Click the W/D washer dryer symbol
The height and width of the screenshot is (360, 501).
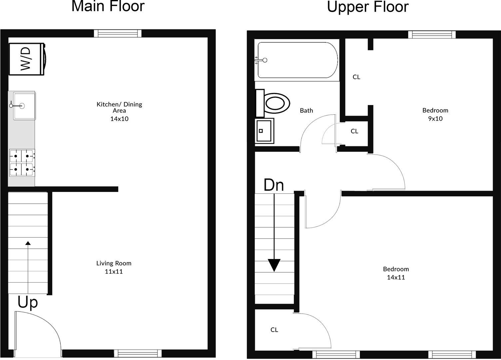[x=27, y=59]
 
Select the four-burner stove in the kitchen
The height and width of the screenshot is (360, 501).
[x=22, y=163]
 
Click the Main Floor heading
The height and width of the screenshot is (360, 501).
[x=108, y=6]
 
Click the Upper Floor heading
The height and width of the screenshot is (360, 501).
[x=368, y=7]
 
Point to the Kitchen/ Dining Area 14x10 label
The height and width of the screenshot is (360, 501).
[x=119, y=111]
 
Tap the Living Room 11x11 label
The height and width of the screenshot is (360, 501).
[x=114, y=267]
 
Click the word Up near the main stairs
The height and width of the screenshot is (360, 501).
[x=28, y=302]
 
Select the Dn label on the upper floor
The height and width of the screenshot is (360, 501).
[x=274, y=185]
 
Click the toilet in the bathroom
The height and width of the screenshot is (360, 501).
[x=272, y=103]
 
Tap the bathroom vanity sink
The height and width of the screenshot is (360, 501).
[x=264, y=131]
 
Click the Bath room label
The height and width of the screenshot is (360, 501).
[x=306, y=111]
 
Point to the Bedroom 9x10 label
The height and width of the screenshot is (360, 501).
[x=435, y=114]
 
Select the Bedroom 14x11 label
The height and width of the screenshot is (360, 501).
[x=396, y=273]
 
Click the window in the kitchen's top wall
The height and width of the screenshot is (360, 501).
[x=118, y=34]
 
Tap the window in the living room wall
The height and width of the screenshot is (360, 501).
[x=138, y=353]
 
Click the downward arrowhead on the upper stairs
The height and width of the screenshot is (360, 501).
[x=274, y=265]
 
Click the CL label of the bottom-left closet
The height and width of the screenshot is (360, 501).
[x=274, y=330]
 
